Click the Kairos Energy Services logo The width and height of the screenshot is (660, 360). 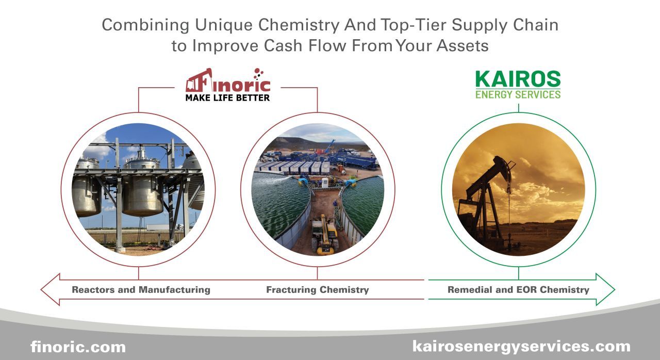[518, 85]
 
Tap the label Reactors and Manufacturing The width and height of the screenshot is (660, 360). [141, 290]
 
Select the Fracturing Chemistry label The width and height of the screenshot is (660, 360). [317, 290]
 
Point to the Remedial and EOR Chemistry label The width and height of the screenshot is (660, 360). [518, 290]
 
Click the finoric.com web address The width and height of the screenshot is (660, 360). [78, 347]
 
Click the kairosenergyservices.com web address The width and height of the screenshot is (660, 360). [521, 346]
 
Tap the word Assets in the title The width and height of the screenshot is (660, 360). [463, 45]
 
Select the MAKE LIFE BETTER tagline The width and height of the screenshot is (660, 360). [227, 97]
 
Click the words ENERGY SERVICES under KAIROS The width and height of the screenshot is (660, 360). [518, 94]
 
